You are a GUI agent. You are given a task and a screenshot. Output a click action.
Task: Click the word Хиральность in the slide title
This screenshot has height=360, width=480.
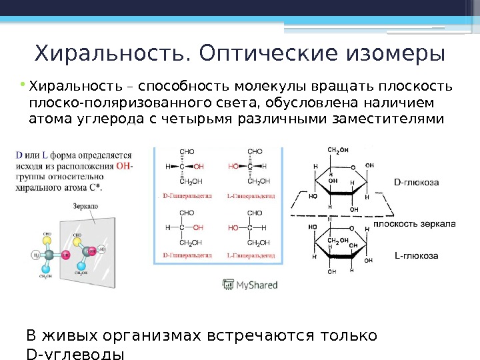(110, 52)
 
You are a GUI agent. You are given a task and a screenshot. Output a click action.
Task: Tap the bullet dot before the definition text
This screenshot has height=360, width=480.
(22, 85)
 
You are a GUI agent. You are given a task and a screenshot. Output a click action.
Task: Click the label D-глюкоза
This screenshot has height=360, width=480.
(417, 180)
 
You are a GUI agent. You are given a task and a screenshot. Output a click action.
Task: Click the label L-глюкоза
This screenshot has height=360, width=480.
(417, 255)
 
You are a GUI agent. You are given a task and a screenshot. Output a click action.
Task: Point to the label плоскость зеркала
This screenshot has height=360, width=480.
(413, 225)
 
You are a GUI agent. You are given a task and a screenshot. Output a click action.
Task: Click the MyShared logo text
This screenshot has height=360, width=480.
(256, 285)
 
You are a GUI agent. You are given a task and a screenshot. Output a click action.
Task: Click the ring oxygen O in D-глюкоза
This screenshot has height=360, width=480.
(353, 168)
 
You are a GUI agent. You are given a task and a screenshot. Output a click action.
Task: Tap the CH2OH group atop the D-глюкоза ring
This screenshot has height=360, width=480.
(338, 150)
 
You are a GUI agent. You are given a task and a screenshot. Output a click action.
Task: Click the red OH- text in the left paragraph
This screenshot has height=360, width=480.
(125, 165)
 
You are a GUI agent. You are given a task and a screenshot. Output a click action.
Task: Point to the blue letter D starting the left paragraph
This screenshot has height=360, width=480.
(19, 155)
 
